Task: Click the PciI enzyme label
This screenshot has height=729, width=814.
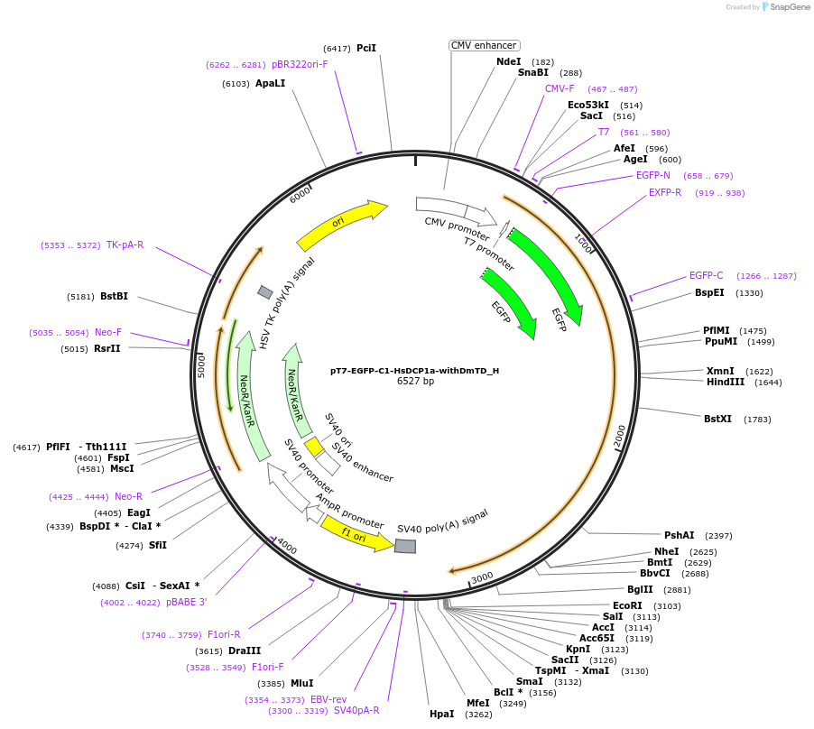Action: point(366,48)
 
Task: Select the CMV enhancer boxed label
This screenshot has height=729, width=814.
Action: point(484,45)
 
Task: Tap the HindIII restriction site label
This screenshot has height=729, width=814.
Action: point(726,382)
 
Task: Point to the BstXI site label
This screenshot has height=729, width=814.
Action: point(718,419)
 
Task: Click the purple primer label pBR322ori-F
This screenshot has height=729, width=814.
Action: point(301,64)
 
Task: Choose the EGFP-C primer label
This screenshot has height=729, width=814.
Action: point(706,275)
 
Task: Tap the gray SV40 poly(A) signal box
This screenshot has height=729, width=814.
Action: point(405,547)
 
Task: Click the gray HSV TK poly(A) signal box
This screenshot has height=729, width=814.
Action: point(265,291)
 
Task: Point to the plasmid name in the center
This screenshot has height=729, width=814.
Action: point(414,370)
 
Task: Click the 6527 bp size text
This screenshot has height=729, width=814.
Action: point(415,382)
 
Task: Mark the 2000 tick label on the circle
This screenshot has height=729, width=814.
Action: point(619,436)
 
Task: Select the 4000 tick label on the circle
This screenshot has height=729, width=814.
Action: point(286,547)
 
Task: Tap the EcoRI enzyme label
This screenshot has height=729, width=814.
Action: point(627,605)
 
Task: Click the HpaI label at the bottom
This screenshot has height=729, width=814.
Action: point(441,714)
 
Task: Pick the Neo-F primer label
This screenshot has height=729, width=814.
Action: point(108,332)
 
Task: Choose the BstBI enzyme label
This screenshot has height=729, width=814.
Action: point(114,296)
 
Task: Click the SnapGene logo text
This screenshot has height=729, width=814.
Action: point(789,7)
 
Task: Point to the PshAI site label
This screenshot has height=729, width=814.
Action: point(680,535)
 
